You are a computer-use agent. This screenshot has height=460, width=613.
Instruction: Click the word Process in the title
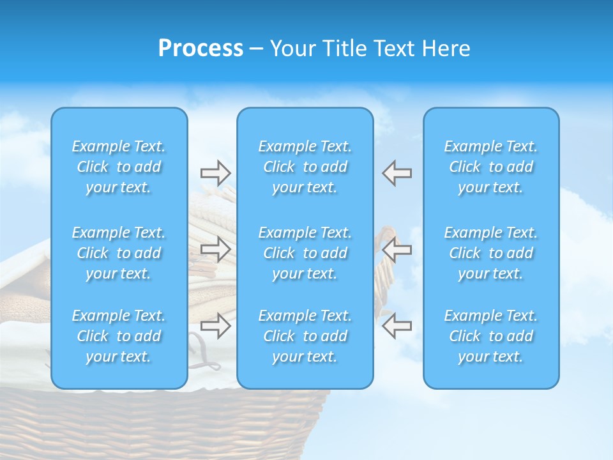click(x=201, y=49)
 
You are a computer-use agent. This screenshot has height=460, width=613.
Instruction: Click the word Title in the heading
click(x=345, y=49)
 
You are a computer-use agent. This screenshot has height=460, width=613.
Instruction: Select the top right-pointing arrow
click(x=216, y=173)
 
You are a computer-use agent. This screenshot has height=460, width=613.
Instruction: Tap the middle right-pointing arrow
click(x=216, y=249)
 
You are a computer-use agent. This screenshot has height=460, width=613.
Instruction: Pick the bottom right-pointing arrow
click(x=216, y=325)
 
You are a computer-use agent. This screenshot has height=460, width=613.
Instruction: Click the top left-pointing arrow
click(x=397, y=173)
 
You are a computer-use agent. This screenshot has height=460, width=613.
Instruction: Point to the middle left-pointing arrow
click(x=397, y=249)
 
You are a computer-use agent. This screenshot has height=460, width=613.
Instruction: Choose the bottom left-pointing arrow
click(x=397, y=325)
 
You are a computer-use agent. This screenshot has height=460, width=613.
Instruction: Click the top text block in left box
click(x=119, y=167)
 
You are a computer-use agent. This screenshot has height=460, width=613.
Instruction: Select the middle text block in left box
click(x=119, y=253)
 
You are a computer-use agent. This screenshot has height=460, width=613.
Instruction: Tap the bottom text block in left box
click(x=119, y=336)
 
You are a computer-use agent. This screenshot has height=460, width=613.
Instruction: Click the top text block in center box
click(x=305, y=167)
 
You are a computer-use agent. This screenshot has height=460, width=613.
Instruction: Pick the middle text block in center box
click(x=305, y=253)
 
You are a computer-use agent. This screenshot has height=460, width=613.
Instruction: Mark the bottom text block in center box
click(x=305, y=336)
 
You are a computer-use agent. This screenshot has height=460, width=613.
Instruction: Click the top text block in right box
click(x=490, y=167)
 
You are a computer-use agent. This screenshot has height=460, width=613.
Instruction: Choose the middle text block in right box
click(x=490, y=253)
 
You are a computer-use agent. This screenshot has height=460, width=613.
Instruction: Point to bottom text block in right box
click(x=490, y=336)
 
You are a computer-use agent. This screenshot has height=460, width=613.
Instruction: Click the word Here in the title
click(x=446, y=49)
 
